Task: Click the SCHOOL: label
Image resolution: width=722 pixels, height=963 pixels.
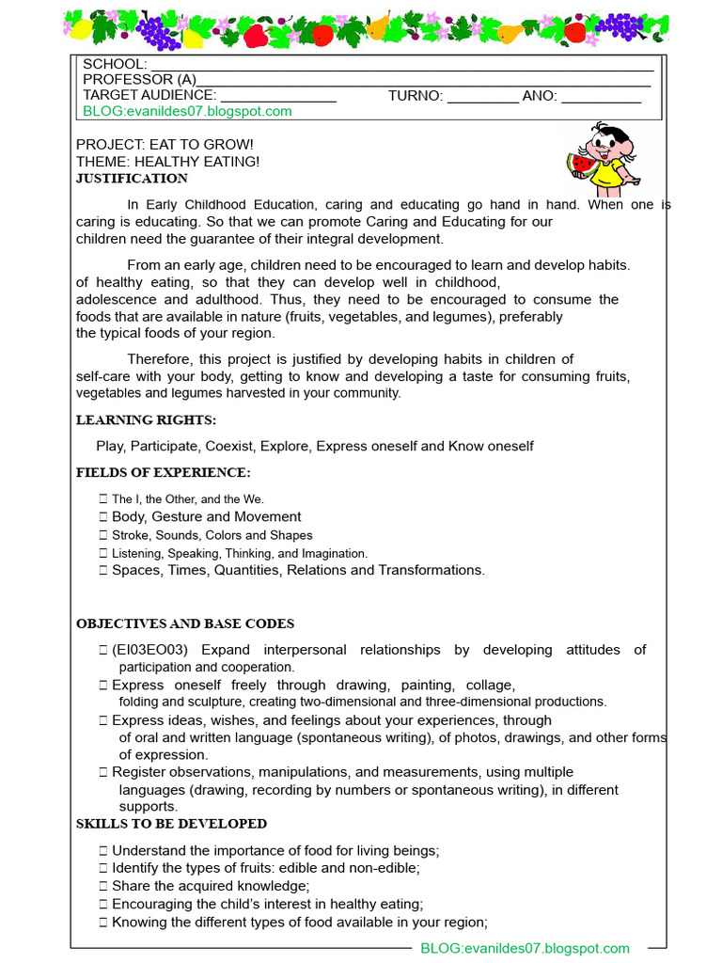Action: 115,64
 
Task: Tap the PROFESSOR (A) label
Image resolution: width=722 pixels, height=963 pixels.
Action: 139,80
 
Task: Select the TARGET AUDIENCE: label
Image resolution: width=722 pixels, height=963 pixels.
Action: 149,95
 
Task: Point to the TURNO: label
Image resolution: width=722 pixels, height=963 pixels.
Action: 415,95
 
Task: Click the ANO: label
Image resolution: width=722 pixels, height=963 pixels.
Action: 540,95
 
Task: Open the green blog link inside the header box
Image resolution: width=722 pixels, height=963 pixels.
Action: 187,111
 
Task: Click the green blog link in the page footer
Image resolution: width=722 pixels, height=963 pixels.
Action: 525,949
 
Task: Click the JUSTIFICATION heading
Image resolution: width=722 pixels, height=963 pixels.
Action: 132,179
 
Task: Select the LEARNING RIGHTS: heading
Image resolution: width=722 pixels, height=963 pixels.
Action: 146,419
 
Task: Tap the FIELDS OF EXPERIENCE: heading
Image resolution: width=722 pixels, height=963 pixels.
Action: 163,472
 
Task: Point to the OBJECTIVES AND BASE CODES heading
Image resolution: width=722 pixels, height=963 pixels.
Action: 185,624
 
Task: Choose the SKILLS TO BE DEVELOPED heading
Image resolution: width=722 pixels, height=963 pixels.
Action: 171,824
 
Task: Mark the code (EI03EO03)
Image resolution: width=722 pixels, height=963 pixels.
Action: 150,650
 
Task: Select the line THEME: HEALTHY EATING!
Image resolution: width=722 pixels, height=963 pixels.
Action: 167,162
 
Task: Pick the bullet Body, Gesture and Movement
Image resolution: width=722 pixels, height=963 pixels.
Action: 206,517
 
